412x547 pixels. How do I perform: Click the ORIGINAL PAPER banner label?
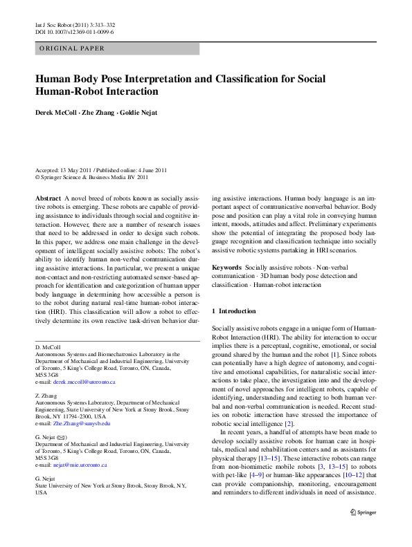(73, 48)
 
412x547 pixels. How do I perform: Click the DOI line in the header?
(74, 32)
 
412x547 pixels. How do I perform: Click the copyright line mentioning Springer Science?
(91, 177)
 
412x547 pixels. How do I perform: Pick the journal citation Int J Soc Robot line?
(75, 25)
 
